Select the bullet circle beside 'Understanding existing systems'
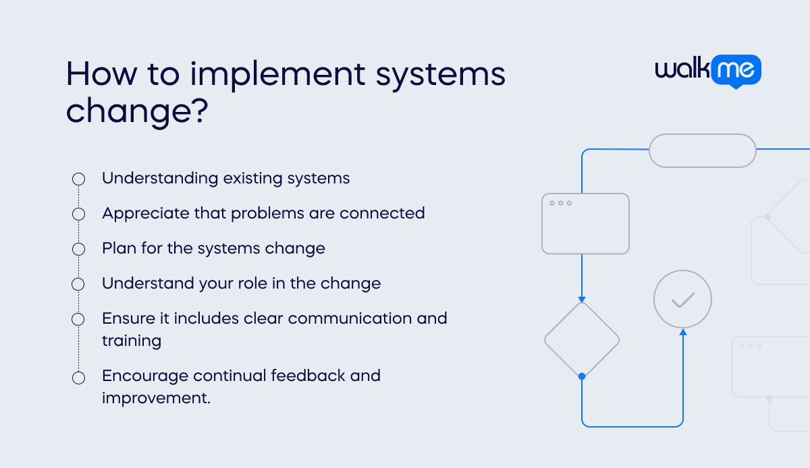pyautogui.click(x=78, y=179)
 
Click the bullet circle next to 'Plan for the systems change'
pyautogui.click(x=78, y=249)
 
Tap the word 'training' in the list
pyautogui.click(x=132, y=341)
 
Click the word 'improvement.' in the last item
pyautogui.click(x=156, y=398)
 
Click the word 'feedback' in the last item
pyautogui.click(x=308, y=375)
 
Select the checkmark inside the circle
pyautogui.click(x=682, y=299)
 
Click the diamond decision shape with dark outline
pyautogui.click(x=581, y=339)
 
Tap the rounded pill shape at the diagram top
pyautogui.click(x=702, y=150)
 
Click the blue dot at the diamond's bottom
pyautogui.click(x=582, y=376)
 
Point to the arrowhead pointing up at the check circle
pyautogui.click(x=682, y=332)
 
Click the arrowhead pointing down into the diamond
pyautogui.click(x=582, y=299)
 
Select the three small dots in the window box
pyautogui.click(x=560, y=203)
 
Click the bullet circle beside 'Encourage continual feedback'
pyautogui.click(x=78, y=378)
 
